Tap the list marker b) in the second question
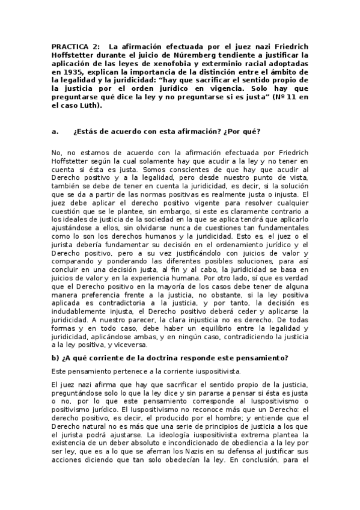56,358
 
